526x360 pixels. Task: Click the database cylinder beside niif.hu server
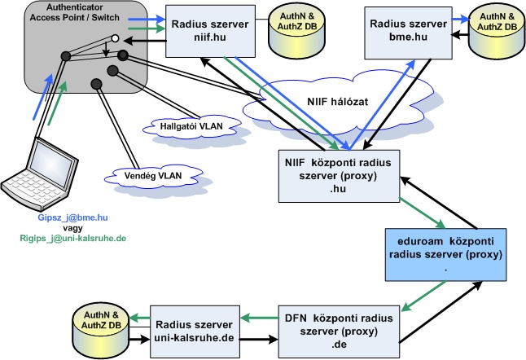[x=294, y=25]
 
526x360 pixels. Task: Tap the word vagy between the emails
[x=72, y=228]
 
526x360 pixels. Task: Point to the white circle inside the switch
[x=116, y=38]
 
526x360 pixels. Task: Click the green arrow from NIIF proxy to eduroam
[x=416, y=215]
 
